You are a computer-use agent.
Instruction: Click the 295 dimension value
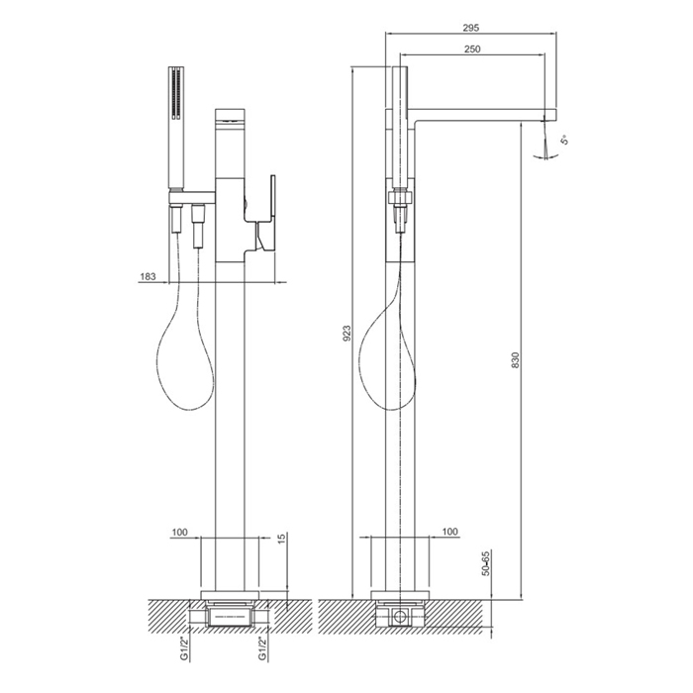pos(470,28)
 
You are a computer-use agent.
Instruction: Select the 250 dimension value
pos(472,49)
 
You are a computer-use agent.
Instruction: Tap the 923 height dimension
pos(346,333)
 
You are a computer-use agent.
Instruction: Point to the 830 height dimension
pos(516,360)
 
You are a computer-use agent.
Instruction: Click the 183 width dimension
pos(148,276)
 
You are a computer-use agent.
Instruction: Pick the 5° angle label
pos(564,141)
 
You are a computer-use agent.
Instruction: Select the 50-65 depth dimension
pos(486,562)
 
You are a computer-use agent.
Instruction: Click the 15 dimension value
pos(282,538)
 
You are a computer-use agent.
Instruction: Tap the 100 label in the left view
pos(179,533)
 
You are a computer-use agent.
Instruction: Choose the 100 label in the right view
pos(449,532)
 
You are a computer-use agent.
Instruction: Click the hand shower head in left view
pos(176,129)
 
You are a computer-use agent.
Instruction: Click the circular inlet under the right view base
pos(400,616)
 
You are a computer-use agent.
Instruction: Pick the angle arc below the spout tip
pos(546,156)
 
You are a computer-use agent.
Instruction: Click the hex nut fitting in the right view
pos(400,197)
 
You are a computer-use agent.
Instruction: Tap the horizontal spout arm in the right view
pos(482,114)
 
